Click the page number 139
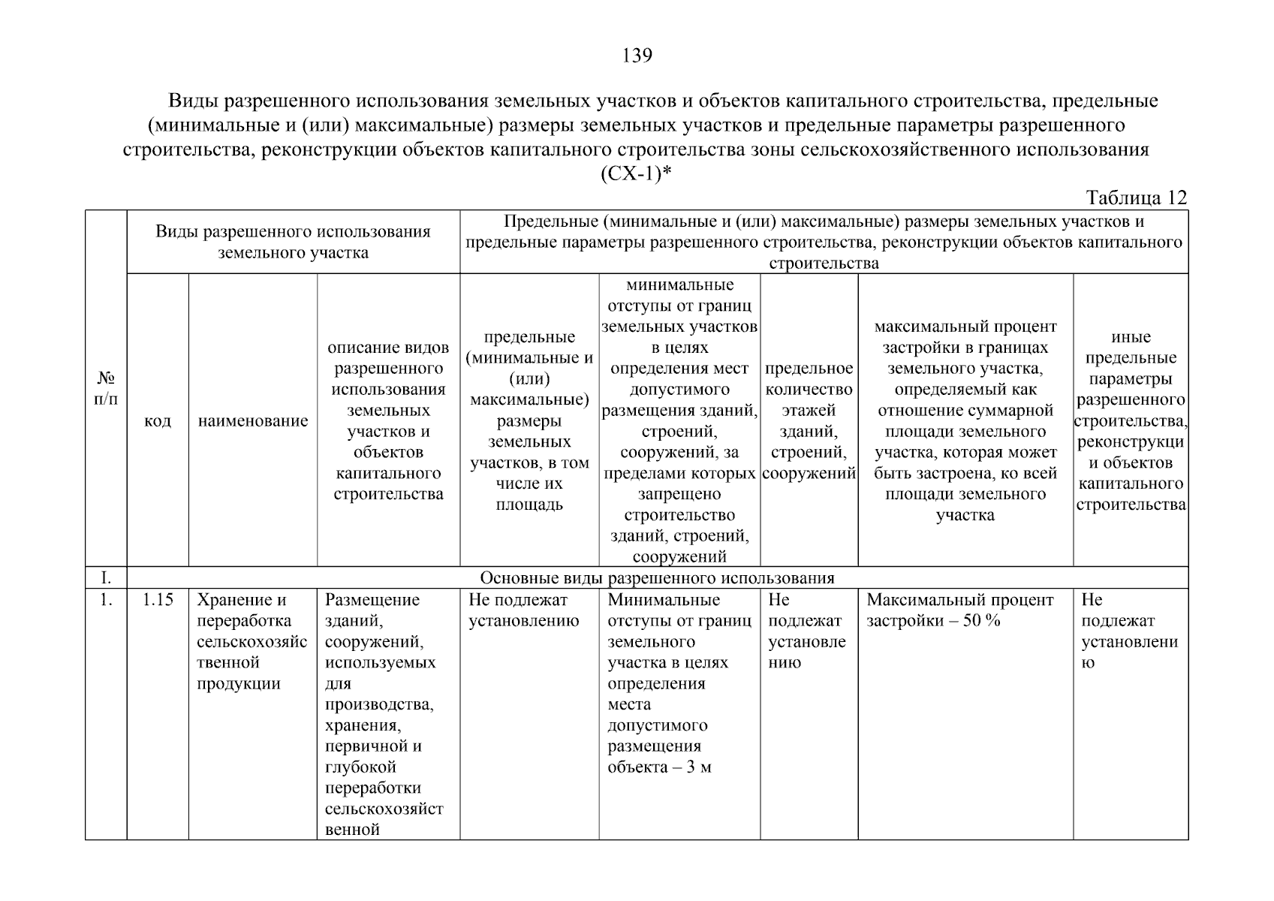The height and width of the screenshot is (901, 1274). click(x=637, y=56)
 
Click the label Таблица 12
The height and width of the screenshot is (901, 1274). click(x=1137, y=198)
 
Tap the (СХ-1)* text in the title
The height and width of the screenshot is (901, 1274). click(x=636, y=173)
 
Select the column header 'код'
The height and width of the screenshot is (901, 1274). click(x=158, y=420)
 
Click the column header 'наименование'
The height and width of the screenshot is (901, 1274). click(x=253, y=420)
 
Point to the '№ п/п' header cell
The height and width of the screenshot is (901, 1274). click(x=106, y=388)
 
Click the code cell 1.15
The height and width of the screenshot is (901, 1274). click(x=158, y=600)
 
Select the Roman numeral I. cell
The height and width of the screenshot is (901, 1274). click(x=106, y=578)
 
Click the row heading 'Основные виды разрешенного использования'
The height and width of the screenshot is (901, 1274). click(x=657, y=578)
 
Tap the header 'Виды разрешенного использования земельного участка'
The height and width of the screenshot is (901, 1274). click(x=293, y=242)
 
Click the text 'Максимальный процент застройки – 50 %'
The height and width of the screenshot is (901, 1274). click(x=959, y=610)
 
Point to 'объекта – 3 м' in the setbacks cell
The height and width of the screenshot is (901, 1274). click(x=659, y=767)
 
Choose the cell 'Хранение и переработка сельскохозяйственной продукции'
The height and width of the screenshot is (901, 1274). click(x=251, y=641)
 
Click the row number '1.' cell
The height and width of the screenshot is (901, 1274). click(x=106, y=600)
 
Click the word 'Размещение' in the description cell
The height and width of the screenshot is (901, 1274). click(x=372, y=600)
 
